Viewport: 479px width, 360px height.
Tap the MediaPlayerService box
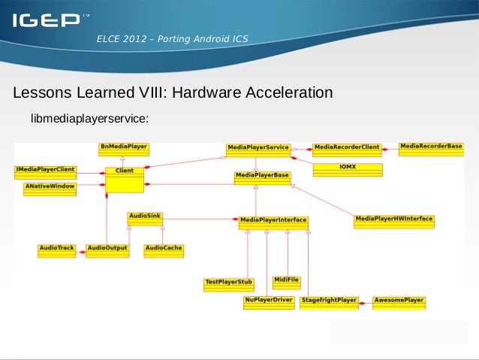(x=258, y=150)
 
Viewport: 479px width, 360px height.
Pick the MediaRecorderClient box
(x=347, y=149)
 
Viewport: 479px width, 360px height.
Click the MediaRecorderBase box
(x=431, y=148)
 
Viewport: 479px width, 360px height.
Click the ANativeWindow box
(x=50, y=188)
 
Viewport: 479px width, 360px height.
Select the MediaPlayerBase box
(x=262, y=177)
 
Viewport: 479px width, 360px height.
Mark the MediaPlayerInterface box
(x=273, y=222)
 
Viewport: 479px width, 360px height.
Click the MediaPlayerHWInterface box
(x=394, y=221)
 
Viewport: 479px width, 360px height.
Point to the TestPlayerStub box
(x=229, y=284)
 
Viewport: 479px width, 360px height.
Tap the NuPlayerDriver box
(x=268, y=302)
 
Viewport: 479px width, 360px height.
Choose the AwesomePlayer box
(x=399, y=302)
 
